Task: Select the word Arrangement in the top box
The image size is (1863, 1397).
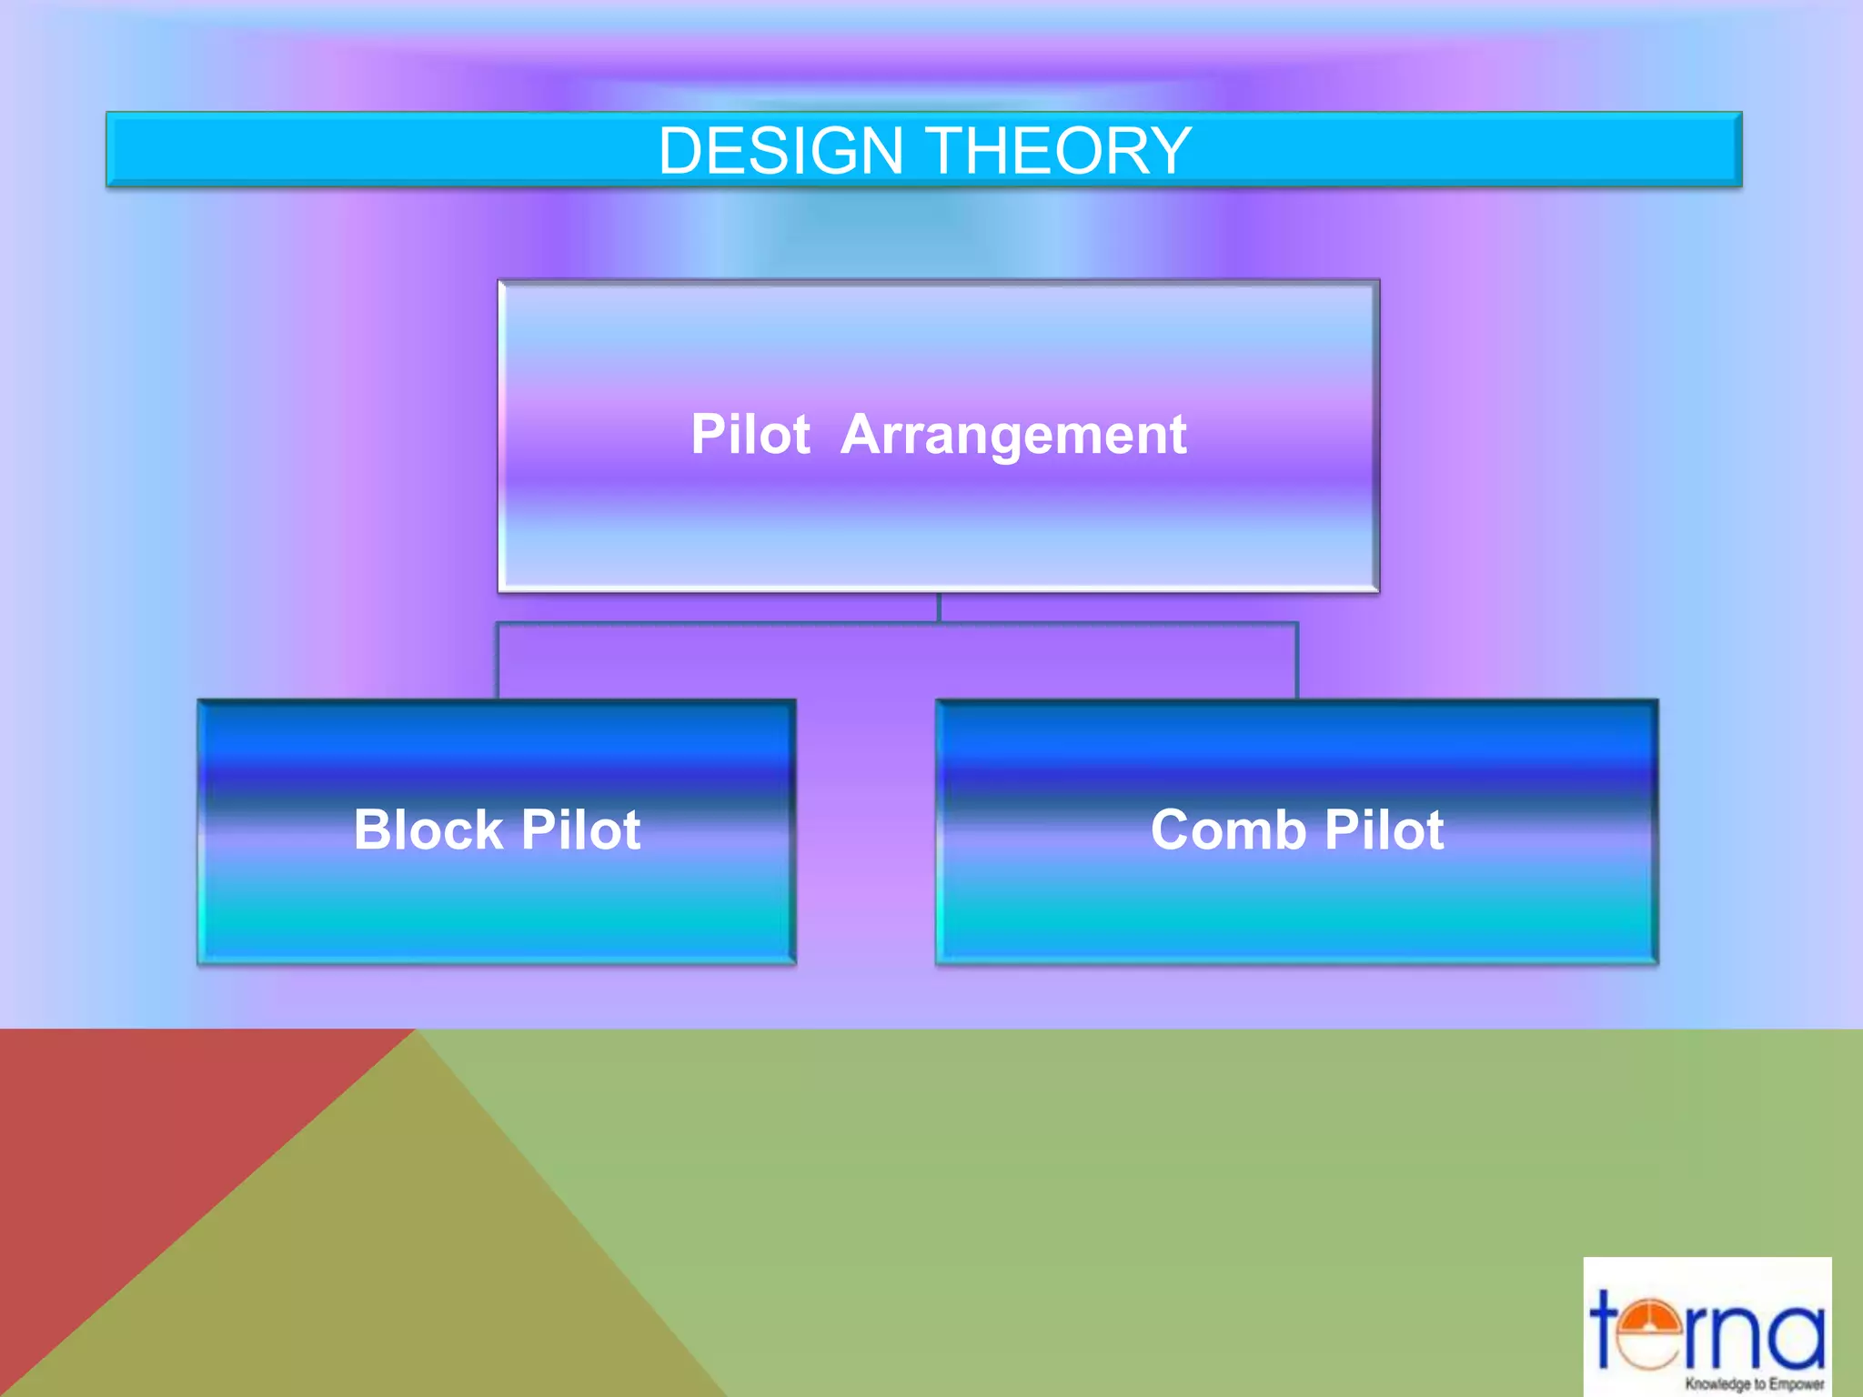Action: coord(1013,435)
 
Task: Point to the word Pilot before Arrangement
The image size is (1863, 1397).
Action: coord(750,434)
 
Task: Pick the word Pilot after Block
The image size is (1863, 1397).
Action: coord(581,829)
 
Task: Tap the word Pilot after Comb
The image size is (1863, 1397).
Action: coord(1385,829)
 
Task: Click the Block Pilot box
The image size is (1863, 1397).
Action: coord(497,910)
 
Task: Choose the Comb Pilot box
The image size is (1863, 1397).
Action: coord(1296,910)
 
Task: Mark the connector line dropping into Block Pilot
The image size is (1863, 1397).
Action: coord(498,661)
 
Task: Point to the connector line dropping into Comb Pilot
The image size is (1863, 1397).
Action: coord(1297,661)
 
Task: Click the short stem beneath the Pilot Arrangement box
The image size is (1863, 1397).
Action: coord(939,608)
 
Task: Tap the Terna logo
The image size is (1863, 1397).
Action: coord(1707,1327)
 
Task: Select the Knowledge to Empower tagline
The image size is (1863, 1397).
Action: coord(1754,1384)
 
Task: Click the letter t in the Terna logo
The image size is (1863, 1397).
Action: coord(1608,1328)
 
